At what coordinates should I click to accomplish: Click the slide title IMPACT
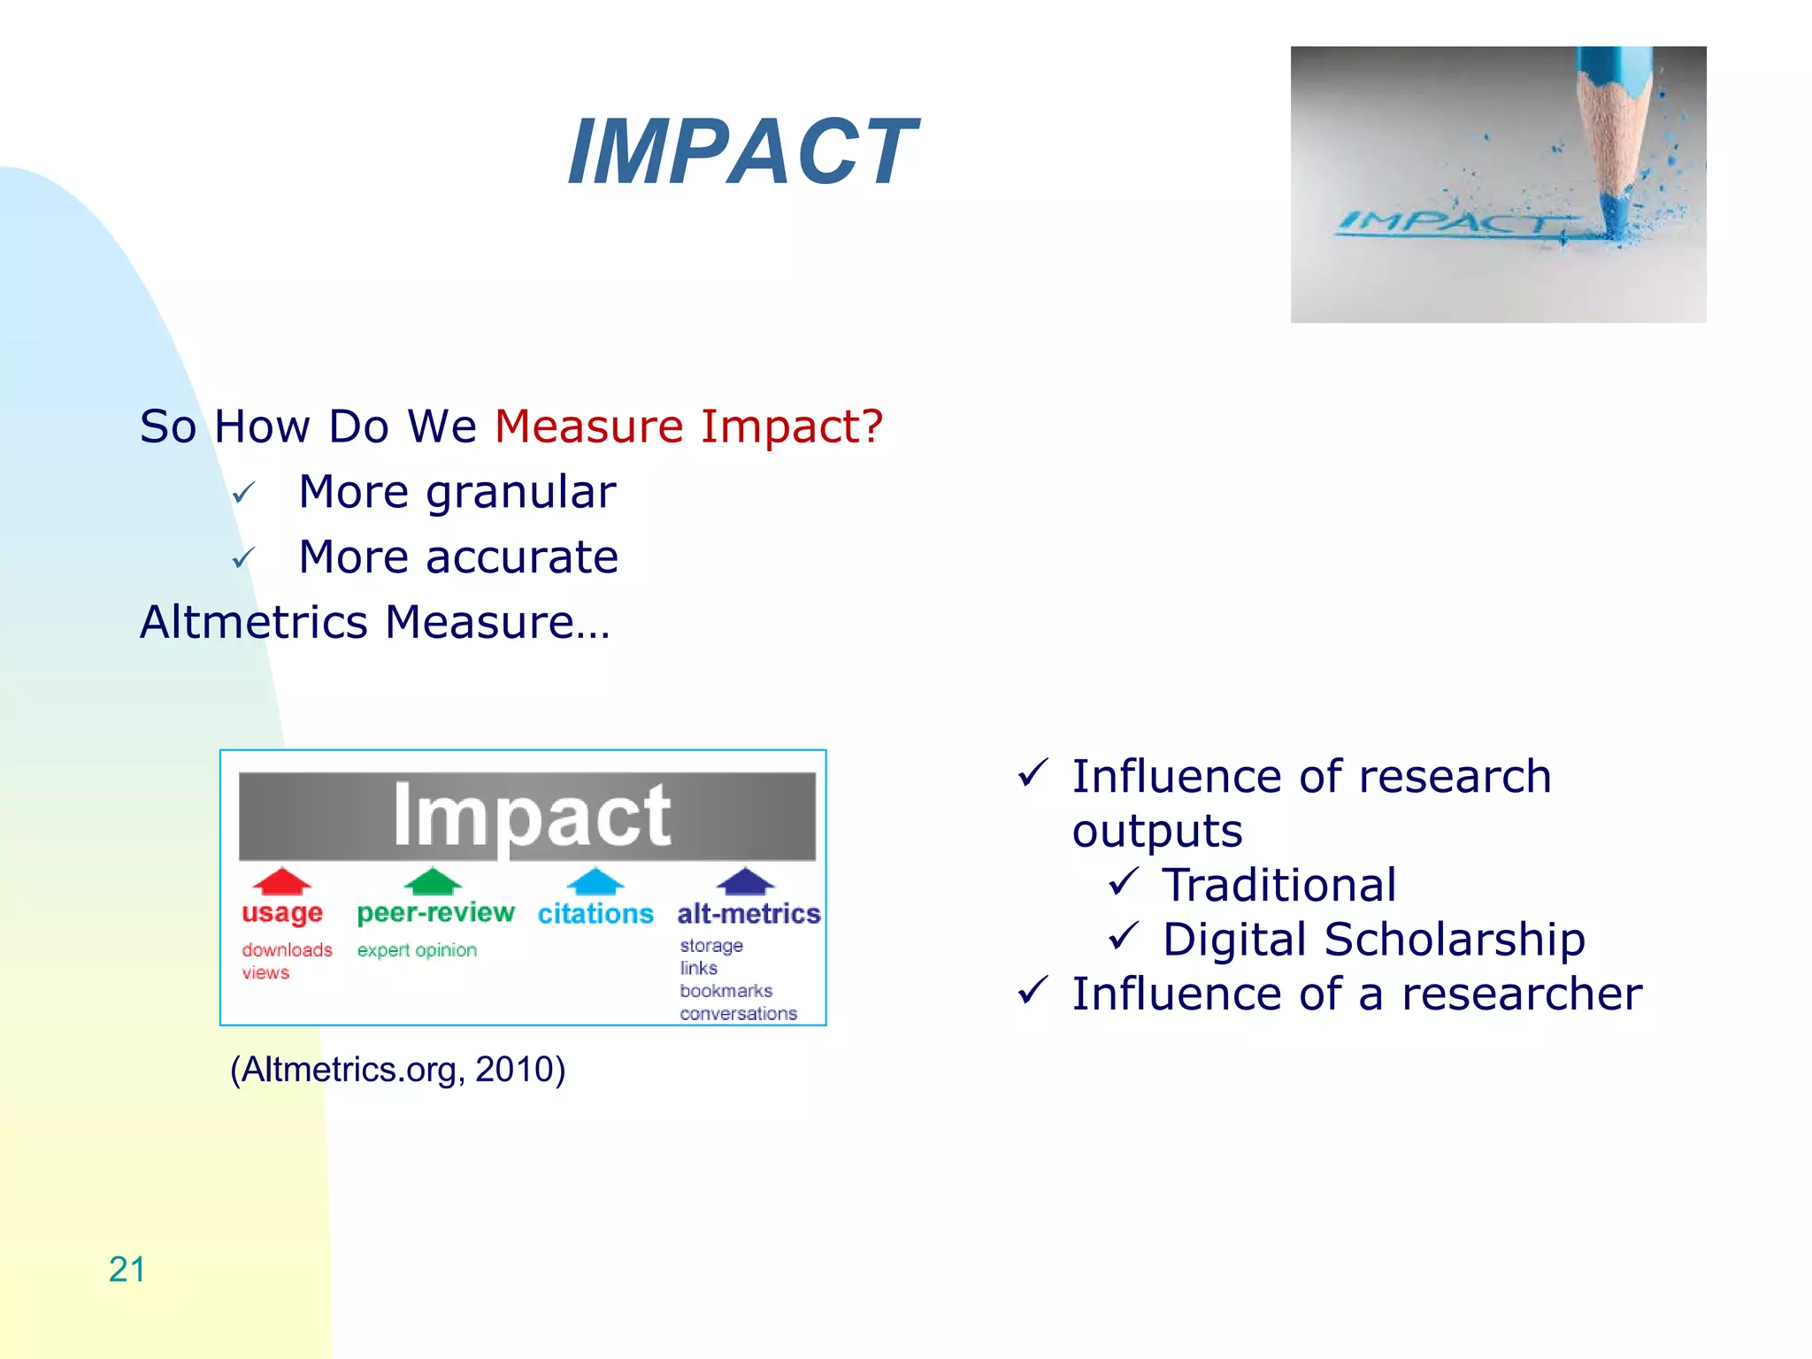tap(741, 152)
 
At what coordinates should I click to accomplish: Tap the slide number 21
tap(127, 1270)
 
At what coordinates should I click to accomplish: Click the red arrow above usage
tap(281, 881)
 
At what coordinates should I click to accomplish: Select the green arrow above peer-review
tap(433, 881)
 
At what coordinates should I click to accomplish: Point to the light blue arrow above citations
tap(595, 881)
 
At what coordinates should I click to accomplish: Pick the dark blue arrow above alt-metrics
tap(746, 881)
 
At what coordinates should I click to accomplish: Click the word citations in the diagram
tap(595, 913)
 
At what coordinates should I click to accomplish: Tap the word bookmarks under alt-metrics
tap(726, 991)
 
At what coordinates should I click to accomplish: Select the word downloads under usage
tap(287, 950)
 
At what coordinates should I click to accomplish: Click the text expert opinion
tap(417, 950)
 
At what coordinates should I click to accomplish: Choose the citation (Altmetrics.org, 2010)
tap(397, 1070)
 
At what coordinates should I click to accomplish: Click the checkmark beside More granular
tap(243, 493)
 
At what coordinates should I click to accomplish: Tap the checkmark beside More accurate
tap(243, 558)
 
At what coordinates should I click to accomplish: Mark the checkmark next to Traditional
tap(1123, 882)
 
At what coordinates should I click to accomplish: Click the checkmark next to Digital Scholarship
tap(1123, 936)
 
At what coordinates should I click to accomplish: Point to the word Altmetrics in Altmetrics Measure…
tap(253, 622)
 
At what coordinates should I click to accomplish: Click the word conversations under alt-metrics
tap(738, 1014)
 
